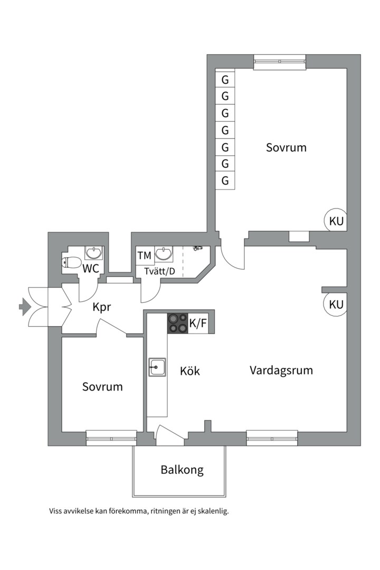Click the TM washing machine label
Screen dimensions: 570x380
[x=145, y=256]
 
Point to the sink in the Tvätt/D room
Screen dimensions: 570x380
[x=164, y=254]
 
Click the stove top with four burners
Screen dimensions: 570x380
[x=177, y=323]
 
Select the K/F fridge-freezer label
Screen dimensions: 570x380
[x=198, y=324]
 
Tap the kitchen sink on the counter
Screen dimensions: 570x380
[x=157, y=366]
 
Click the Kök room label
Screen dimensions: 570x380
[x=190, y=371]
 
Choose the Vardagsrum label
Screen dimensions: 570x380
[x=281, y=370]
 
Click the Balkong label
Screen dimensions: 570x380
[x=182, y=470]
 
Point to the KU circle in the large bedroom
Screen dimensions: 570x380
[x=336, y=221]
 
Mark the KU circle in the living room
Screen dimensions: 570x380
[x=336, y=305]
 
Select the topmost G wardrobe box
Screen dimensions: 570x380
[x=225, y=80]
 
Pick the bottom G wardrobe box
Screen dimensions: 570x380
[x=225, y=180]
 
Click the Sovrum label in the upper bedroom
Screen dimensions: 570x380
[x=286, y=147]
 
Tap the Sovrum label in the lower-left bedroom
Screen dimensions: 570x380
[x=102, y=387]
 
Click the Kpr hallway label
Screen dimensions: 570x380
[x=102, y=307]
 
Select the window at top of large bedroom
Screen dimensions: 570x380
[x=280, y=62]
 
